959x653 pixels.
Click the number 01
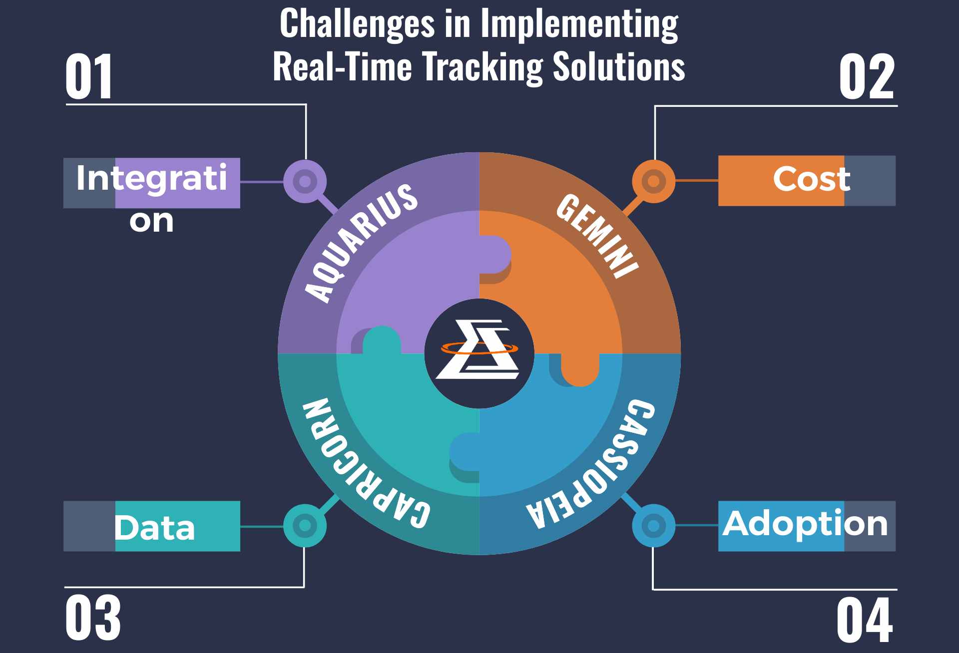point(89,77)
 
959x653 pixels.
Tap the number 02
point(866,77)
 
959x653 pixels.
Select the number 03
point(93,618)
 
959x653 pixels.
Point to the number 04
point(865,620)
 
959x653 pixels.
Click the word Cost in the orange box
point(811,179)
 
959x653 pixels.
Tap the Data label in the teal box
point(154,528)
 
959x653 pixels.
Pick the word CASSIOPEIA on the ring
point(591,464)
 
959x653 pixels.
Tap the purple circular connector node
point(305,181)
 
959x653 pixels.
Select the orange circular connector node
point(653,181)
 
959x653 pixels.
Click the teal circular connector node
point(305,525)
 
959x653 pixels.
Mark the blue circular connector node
point(653,525)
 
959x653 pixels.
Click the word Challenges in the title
point(357,24)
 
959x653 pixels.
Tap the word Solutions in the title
point(619,66)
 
